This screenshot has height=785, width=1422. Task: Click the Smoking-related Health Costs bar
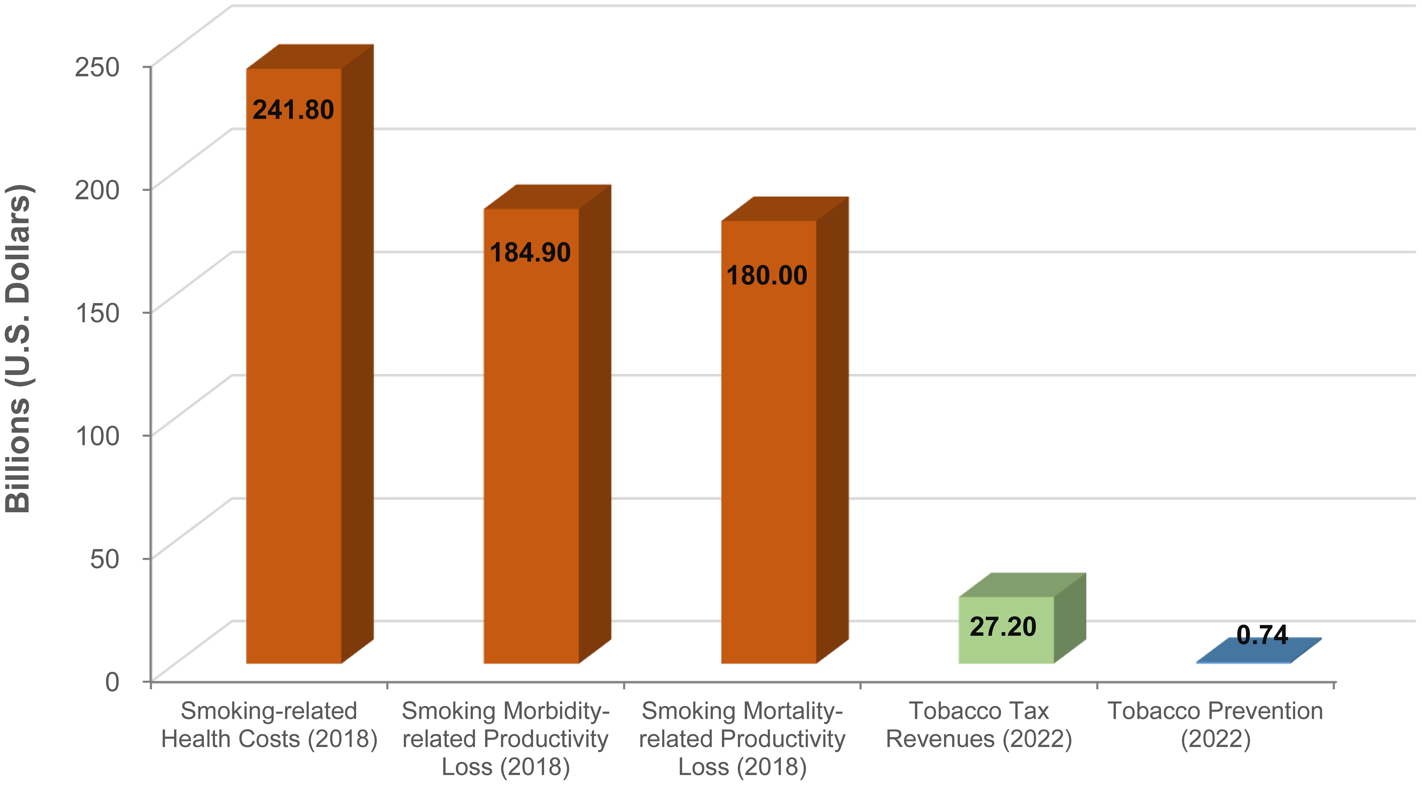(x=294, y=386)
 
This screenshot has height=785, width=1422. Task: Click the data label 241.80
(x=293, y=110)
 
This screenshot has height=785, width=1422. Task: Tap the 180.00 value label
(x=767, y=275)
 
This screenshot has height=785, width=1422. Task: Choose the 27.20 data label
(x=1003, y=627)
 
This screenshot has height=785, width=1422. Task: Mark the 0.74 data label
(x=1262, y=635)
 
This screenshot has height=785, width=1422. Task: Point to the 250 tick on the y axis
(x=97, y=67)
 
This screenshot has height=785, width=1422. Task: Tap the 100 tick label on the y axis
(x=97, y=436)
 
